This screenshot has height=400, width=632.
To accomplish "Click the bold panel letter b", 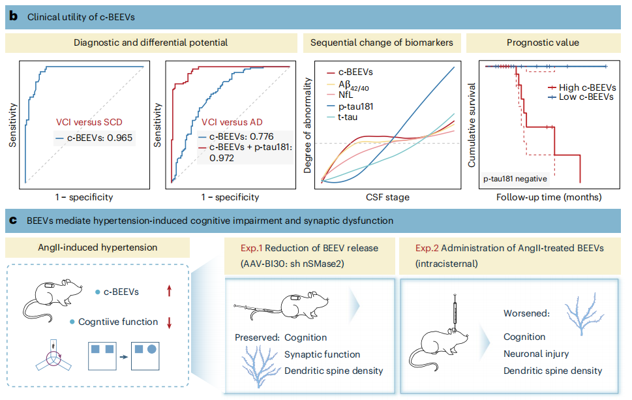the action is (x=13, y=16).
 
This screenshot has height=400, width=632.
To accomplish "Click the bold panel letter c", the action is (x=13, y=221).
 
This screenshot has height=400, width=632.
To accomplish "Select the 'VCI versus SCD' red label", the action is (x=89, y=122).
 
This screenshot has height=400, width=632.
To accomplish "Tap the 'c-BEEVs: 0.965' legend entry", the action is (x=94, y=138).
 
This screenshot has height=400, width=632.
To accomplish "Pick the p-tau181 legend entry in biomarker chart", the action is (x=350, y=106).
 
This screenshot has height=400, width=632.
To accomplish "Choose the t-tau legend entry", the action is (x=342, y=117).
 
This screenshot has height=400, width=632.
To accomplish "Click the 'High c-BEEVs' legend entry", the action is (x=582, y=87).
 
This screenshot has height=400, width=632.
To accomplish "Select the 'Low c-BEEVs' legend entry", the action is (x=581, y=97).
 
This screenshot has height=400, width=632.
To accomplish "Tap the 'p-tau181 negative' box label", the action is (x=515, y=179).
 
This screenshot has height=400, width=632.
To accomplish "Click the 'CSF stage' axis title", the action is (x=388, y=197).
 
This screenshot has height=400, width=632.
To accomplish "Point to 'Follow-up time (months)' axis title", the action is (x=549, y=197).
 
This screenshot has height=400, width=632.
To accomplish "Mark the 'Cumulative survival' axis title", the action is (x=472, y=125).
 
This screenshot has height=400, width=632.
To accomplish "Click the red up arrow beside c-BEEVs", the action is (x=170, y=291).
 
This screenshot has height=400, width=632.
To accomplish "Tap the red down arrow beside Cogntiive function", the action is (x=170, y=322).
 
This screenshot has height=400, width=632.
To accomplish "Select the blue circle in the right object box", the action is (x=151, y=349).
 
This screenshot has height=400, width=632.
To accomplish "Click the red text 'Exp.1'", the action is (x=252, y=248).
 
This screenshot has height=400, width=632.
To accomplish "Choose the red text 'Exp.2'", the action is (x=427, y=248).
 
